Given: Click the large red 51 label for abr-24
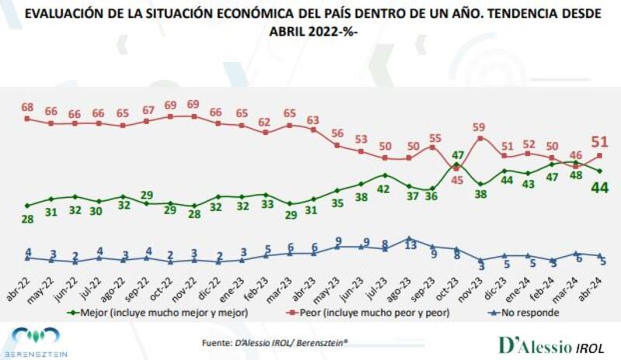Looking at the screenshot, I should (x=601, y=140).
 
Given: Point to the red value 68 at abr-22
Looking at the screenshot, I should (x=27, y=107).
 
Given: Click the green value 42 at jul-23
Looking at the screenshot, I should (x=384, y=189).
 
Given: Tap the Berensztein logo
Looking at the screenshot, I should (x=39, y=342).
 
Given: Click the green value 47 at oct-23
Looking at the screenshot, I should (x=457, y=154).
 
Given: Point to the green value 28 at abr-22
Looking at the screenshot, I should (x=27, y=220).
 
